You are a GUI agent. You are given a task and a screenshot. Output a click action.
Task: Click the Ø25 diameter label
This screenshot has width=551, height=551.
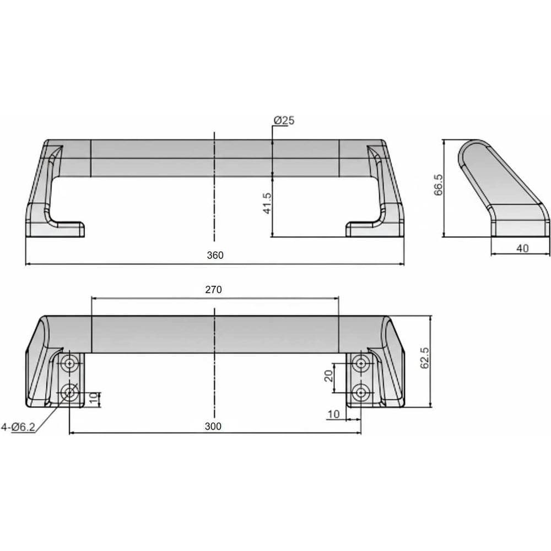pos(284,121)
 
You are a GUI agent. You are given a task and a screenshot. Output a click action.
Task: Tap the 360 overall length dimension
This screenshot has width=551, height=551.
pos(215,255)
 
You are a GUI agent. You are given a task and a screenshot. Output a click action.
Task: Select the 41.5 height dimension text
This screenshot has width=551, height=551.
pos(267,203)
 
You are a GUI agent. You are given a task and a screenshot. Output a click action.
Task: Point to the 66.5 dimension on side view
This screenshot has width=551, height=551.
pos(438,185)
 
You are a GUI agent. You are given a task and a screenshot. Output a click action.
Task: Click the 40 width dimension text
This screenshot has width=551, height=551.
pos(522,249)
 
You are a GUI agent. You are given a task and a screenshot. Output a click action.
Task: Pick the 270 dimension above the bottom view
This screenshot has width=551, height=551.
pos(214,290)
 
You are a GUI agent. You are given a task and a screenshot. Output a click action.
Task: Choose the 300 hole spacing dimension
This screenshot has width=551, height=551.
pos(213,426)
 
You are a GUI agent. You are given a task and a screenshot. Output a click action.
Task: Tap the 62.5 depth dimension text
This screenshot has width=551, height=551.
pos(424,358)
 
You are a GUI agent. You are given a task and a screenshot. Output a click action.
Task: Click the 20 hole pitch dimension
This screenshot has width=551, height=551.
pos(328,376)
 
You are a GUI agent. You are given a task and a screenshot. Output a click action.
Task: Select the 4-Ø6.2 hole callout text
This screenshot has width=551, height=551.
pos(18,427)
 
